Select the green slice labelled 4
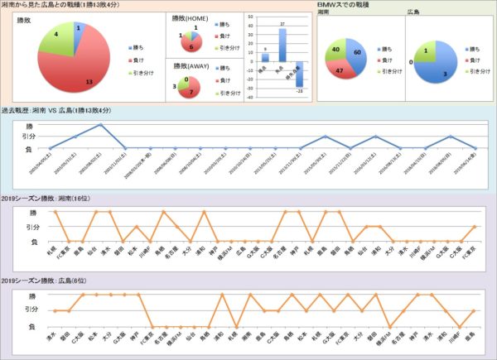point(53,37)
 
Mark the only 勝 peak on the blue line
point(100,125)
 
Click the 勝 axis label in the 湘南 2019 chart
point(29,212)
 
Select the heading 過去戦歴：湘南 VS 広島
point(50,111)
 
